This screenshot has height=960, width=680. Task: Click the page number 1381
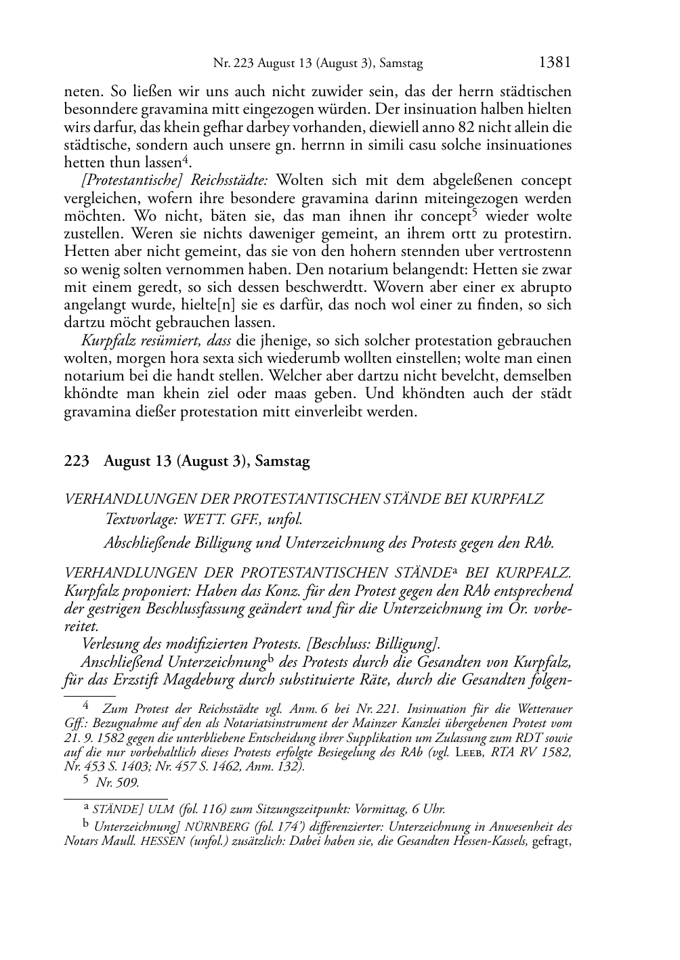pyautogui.click(x=555, y=63)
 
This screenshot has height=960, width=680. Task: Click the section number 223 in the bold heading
pyautogui.click(x=76, y=462)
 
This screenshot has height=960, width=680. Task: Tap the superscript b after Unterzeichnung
pyautogui.click(x=270, y=659)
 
